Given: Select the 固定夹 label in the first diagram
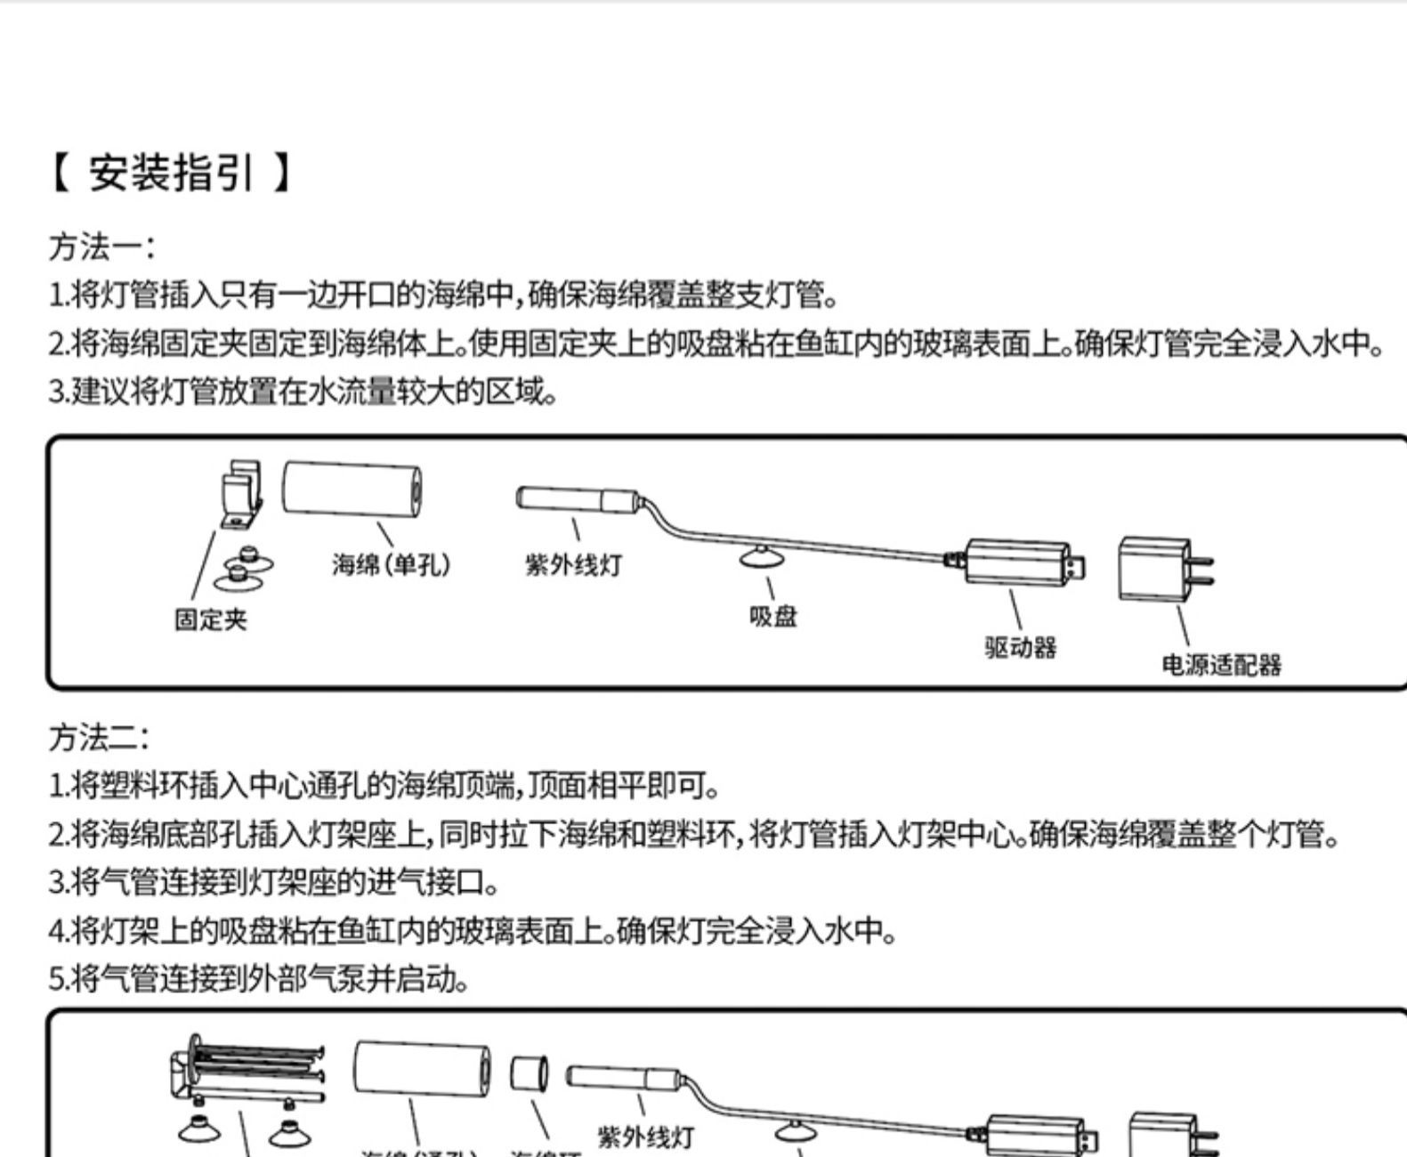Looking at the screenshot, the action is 210,619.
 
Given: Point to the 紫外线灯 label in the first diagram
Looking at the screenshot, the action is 573,564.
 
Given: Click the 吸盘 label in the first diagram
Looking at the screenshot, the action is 772,616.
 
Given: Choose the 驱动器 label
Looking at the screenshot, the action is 1020,647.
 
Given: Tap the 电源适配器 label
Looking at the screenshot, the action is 1221,665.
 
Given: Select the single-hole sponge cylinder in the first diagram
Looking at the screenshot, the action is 352,489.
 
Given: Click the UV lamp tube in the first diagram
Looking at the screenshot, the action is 577,498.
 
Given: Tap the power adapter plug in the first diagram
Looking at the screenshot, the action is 1161,568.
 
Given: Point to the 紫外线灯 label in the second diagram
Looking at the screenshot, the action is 644,1137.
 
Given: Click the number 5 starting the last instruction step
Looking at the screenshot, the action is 56,980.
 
